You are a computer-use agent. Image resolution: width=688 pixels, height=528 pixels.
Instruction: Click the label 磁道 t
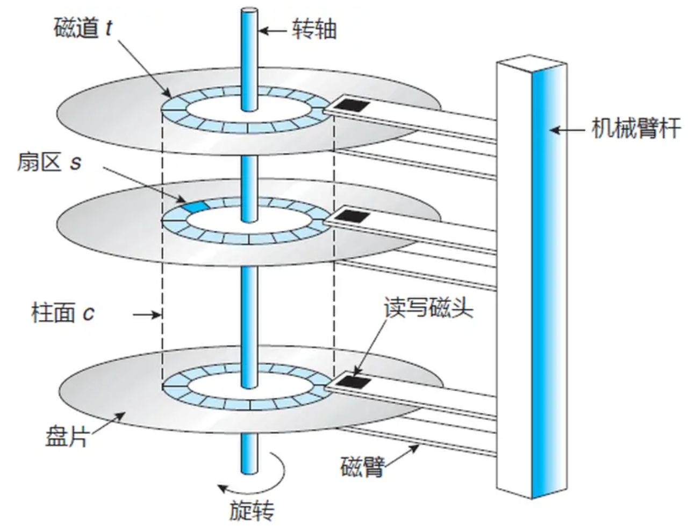click(83, 29)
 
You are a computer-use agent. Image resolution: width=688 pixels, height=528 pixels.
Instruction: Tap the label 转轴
click(314, 30)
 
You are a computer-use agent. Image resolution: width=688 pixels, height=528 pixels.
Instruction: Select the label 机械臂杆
click(636, 129)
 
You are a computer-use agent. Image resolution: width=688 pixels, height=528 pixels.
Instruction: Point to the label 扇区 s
click(49, 162)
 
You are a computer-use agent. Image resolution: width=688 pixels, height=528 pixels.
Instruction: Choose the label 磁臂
click(363, 467)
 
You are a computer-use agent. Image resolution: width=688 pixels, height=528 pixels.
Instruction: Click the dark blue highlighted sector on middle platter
click(195, 206)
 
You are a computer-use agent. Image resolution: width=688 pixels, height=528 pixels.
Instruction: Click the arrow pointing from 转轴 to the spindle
click(274, 31)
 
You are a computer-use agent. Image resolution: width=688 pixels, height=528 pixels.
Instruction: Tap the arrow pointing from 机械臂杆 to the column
click(570, 130)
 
